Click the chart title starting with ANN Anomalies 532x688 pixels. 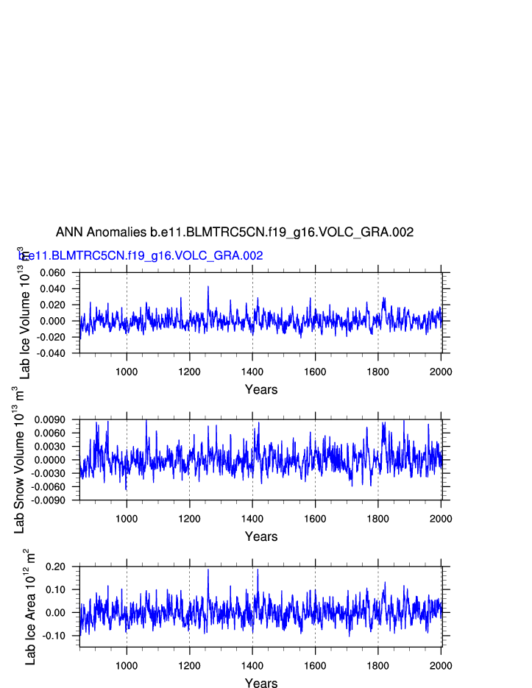point(235,232)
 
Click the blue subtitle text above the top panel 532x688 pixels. point(141,255)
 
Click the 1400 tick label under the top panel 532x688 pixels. point(252,371)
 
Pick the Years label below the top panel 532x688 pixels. point(261,389)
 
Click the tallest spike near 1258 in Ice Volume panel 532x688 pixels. point(208,287)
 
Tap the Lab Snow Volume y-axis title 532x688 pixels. point(20,460)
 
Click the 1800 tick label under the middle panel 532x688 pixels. point(378,518)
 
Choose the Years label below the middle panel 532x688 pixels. point(261,536)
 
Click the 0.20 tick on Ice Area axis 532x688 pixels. point(56,567)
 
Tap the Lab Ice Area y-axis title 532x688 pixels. point(29,607)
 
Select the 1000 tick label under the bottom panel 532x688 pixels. point(127,665)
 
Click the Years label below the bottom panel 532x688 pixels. point(261,684)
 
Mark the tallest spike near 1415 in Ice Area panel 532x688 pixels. point(258,570)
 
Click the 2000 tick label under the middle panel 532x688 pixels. point(441,518)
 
